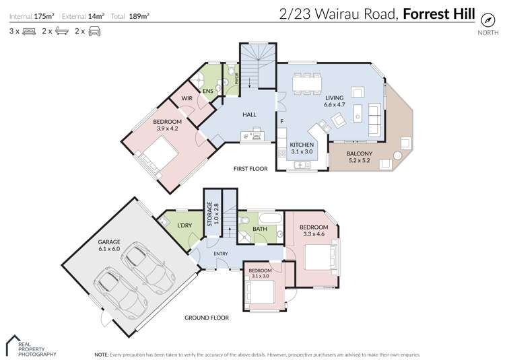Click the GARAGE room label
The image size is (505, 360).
(108, 242)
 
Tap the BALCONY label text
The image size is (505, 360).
(360, 154)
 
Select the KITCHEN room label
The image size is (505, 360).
(301, 145)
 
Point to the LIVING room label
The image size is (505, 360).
(334, 98)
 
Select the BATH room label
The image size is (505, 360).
(260, 229)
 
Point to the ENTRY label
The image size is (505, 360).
(221, 254)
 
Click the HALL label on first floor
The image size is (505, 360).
(250, 114)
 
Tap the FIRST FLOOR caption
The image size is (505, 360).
(250, 169)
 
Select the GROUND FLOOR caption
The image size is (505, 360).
(206, 318)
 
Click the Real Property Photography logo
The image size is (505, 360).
(31, 346)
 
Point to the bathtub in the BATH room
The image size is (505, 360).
(271, 219)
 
